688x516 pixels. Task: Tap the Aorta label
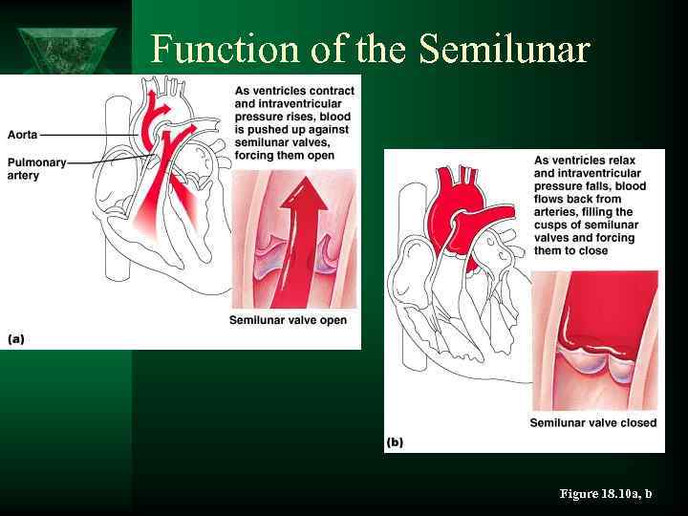pyautogui.click(x=22, y=135)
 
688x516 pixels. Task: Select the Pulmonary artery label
pyautogui.click(x=36, y=169)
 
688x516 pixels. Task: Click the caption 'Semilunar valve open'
pyautogui.click(x=288, y=320)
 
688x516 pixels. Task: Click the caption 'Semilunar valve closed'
pyautogui.click(x=592, y=422)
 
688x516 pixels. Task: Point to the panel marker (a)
pyautogui.click(x=16, y=338)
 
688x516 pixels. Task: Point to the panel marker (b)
pyautogui.click(x=395, y=442)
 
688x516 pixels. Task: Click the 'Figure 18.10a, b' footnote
pyautogui.click(x=606, y=493)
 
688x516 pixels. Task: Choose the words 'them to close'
pyautogui.click(x=570, y=251)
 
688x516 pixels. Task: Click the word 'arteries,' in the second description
pyautogui.click(x=561, y=212)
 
